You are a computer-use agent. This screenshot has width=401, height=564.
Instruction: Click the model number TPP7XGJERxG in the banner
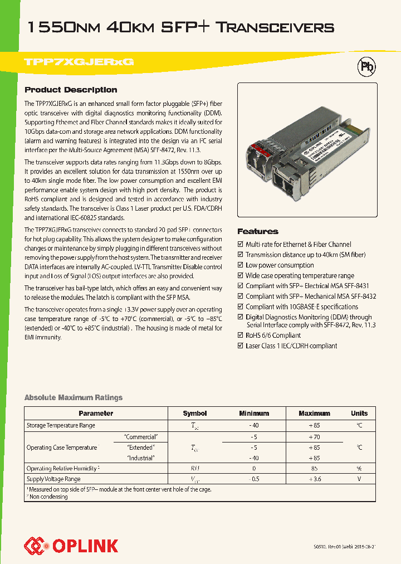point(79,62)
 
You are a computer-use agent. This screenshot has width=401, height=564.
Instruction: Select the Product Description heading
point(71,90)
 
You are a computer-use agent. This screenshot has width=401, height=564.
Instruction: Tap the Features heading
point(258,231)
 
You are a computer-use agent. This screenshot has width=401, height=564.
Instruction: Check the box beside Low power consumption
point(241,265)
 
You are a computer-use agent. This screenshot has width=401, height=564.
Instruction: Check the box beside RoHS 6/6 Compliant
point(241,336)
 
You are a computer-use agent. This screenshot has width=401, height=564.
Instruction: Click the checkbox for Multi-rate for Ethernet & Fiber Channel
point(241,245)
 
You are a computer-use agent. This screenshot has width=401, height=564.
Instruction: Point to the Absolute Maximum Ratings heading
point(73,397)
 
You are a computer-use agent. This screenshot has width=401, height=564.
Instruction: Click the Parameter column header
point(96,414)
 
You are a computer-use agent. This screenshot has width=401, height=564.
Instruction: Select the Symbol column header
point(195,414)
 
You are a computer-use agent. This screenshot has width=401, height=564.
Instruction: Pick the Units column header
point(359,414)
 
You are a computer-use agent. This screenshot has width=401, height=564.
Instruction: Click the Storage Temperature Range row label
point(61,425)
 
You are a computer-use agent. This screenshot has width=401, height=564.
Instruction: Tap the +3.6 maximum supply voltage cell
point(314,479)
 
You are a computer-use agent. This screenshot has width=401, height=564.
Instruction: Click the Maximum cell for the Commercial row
point(314,437)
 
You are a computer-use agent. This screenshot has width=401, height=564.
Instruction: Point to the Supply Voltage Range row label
point(53,479)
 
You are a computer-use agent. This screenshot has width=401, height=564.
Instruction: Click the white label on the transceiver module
point(326,148)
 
